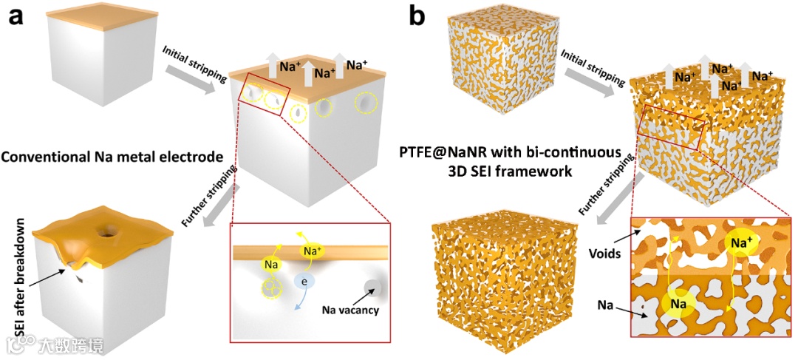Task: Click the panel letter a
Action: [17, 16]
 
